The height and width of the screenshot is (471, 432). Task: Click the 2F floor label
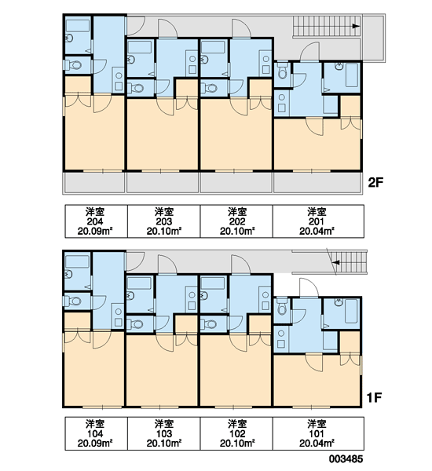(x=375, y=182)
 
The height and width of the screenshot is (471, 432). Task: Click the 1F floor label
(x=374, y=397)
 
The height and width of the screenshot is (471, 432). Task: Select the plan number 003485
(x=346, y=458)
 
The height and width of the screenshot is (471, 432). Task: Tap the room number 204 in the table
(x=95, y=221)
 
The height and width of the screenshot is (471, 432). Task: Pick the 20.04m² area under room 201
(x=317, y=232)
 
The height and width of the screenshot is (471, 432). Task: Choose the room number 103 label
(x=164, y=434)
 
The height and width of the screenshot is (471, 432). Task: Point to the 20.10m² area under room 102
(x=237, y=444)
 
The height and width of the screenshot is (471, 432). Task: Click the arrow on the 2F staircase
(x=356, y=26)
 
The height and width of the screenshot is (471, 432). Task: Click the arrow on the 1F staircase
(x=336, y=262)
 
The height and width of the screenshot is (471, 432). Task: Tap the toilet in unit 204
(x=73, y=65)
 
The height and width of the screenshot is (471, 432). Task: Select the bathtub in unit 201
(x=351, y=75)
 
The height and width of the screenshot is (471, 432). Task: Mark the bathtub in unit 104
(x=77, y=261)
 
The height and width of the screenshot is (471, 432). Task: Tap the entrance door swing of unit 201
(x=309, y=52)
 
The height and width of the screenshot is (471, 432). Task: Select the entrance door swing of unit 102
(x=240, y=265)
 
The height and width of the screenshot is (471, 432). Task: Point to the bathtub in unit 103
(x=139, y=283)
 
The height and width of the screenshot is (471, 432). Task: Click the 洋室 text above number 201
(x=317, y=212)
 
